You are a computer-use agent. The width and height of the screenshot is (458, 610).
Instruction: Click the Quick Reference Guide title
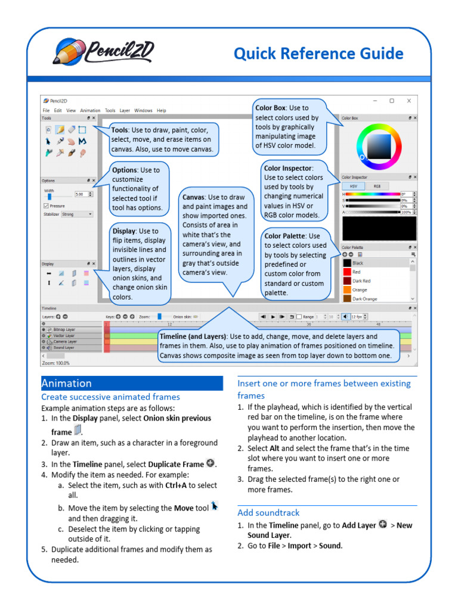point(318,54)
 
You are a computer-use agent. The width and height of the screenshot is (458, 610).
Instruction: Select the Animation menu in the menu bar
point(90,110)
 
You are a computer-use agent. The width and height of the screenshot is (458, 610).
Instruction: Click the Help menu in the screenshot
point(162,110)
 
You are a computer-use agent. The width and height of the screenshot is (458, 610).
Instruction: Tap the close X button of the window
point(409,101)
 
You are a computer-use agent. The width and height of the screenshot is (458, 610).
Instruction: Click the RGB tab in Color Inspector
point(377,186)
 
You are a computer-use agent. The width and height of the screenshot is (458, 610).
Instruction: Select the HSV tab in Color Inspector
point(354,186)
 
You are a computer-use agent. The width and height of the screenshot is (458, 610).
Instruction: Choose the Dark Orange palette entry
point(364,298)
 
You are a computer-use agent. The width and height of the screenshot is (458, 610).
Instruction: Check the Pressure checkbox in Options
point(46,206)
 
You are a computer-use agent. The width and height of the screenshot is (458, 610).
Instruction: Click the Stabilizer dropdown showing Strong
point(76,214)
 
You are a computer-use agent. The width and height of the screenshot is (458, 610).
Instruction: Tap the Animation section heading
point(66,383)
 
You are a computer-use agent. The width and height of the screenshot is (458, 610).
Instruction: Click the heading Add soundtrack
point(268,512)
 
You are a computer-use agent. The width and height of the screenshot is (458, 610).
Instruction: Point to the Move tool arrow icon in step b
point(215,506)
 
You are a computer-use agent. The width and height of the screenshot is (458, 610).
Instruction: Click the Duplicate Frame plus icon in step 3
point(210,463)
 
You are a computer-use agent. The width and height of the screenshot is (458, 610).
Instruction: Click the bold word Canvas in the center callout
point(194,197)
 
